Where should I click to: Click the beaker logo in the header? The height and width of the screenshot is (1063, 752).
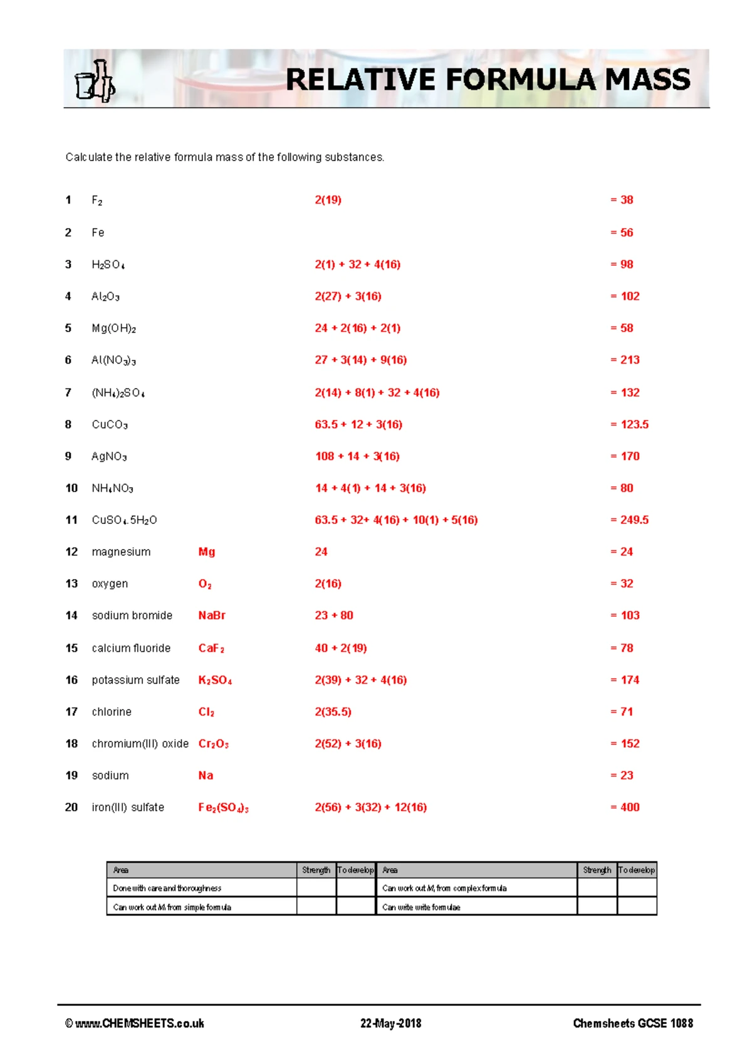point(95,81)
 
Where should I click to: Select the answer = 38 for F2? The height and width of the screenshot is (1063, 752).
point(622,200)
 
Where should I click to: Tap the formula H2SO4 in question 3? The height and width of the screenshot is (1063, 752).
point(108,264)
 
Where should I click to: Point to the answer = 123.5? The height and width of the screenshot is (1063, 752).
point(629,424)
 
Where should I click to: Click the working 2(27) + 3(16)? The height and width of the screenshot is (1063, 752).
point(348,296)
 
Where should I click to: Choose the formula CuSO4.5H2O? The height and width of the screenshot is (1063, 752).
point(124,520)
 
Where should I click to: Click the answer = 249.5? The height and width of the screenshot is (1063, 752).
point(629,520)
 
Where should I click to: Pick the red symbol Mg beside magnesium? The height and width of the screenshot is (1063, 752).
point(206,552)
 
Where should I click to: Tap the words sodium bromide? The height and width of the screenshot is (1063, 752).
point(132,615)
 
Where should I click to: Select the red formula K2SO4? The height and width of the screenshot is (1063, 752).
point(215,680)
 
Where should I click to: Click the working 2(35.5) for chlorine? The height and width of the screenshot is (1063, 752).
point(333,712)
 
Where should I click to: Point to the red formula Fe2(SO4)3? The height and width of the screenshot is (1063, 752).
point(223,808)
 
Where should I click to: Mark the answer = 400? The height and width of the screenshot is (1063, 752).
point(625,807)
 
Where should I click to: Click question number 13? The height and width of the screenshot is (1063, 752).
point(71,584)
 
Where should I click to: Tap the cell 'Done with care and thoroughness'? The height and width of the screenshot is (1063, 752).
point(167,888)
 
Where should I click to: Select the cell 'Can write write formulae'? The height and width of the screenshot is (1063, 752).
point(421,907)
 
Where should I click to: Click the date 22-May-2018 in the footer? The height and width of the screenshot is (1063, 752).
point(390,1024)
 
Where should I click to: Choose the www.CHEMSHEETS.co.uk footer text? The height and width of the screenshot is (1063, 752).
point(134,1024)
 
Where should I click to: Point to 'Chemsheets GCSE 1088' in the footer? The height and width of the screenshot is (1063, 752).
point(633,1024)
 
